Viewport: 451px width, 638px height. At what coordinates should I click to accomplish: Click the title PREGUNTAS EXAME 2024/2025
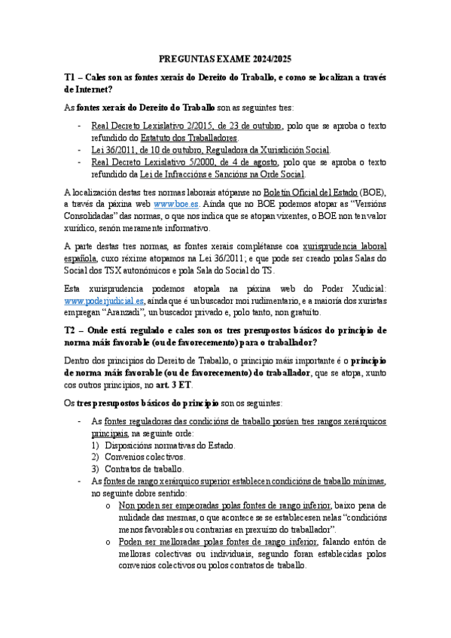226,59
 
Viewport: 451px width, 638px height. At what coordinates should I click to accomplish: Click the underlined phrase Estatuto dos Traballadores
188,138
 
